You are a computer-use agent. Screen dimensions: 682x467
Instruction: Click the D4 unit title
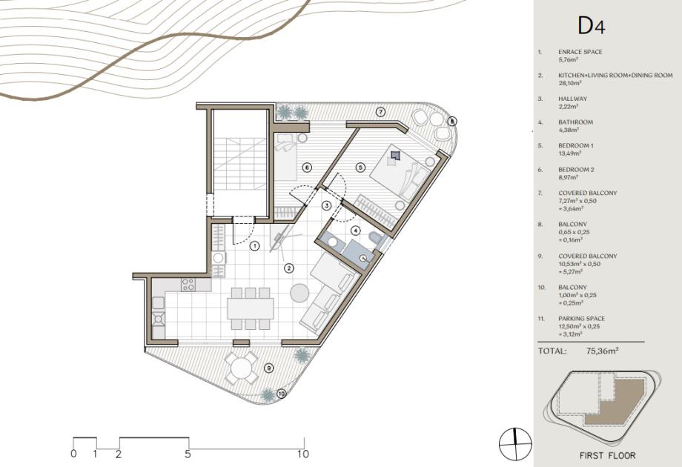pyautogui.click(x=592, y=26)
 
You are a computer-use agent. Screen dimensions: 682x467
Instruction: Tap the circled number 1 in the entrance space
pyautogui.click(x=255, y=246)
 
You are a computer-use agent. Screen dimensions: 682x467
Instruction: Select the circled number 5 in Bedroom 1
pyautogui.click(x=360, y=167)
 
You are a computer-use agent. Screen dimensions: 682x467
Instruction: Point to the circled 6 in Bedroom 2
pyautogui.click(x=307, y=167)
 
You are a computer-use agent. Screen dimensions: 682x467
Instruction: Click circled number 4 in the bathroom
pyautogui.click(x=356, y=231)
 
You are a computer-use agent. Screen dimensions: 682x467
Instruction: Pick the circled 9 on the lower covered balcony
pyautogui.click(x=269, y=368)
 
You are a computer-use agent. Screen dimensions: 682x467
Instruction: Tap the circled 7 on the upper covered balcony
pyautogui.click(x=380, y=112)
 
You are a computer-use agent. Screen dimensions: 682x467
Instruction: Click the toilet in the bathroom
pyautogui.click(x=375, y=237)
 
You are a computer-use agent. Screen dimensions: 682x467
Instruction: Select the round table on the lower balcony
pyautogui.click(x=240, y=368)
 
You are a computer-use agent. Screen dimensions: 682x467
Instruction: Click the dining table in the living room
pyautogui.click(x=251, y=308)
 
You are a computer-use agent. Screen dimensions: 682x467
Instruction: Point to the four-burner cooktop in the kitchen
pyautogui.click(x=188, y=285)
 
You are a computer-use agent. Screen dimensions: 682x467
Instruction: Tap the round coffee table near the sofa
pyautogui.click(x=299, y=293)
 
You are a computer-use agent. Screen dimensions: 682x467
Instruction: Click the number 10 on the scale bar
pyautogui.click(x=303, y=454)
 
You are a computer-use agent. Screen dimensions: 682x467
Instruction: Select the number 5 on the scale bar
pyautogui.click(x=188, y=454)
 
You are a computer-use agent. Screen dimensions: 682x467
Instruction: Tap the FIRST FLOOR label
pyautogui.click(x=608, y=456)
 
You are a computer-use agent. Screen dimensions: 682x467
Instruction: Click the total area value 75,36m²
pyautogui.click(x=603, y=351)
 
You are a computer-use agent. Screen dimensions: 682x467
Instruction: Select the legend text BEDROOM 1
pyautogui.click(x=576, y=146)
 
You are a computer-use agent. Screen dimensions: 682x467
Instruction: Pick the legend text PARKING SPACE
pyautogui.click(x=581, y=319)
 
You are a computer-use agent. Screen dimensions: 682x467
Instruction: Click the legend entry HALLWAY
pyautogui.click(x=573, y=99)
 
